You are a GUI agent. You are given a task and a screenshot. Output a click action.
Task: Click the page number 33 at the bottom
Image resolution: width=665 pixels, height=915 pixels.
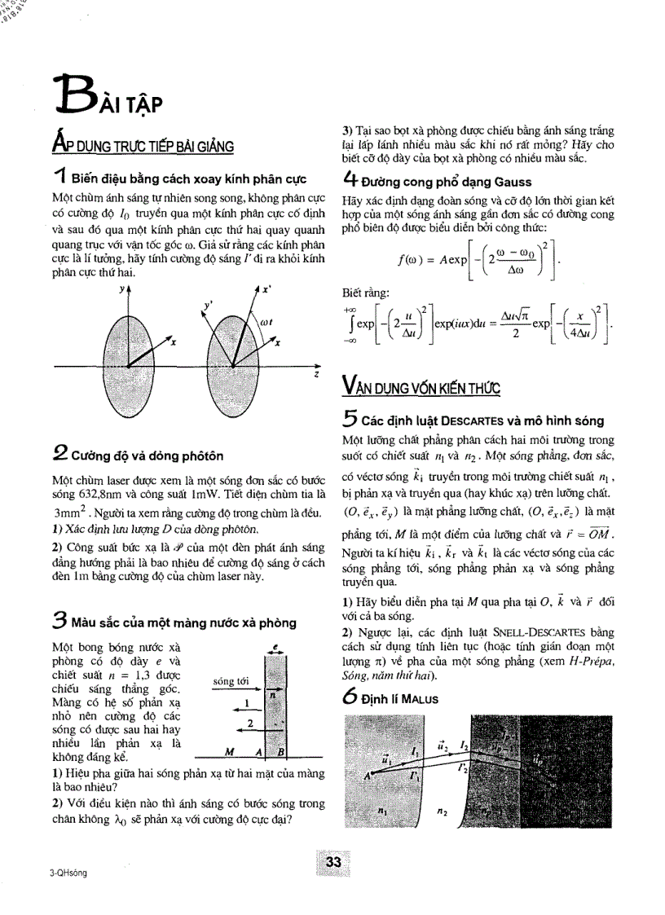click(x=332, y=863)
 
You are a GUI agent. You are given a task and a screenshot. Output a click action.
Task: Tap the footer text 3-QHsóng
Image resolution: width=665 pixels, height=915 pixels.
click(x=68, y=873)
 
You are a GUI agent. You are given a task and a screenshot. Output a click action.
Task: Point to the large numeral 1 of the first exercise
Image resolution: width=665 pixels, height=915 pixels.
click(x=59, y=178)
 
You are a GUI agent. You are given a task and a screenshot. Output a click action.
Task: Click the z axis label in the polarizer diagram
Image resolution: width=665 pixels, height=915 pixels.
click(x=316, y=376)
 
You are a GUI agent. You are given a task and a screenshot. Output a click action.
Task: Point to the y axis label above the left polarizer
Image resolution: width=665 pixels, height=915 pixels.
click(x=121, y=288)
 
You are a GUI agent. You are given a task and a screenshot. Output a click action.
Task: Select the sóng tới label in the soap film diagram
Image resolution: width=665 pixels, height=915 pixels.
click(x=230, y=680)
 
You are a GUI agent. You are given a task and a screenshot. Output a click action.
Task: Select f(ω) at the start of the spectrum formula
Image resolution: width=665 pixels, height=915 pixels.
click(x=413, y=262)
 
